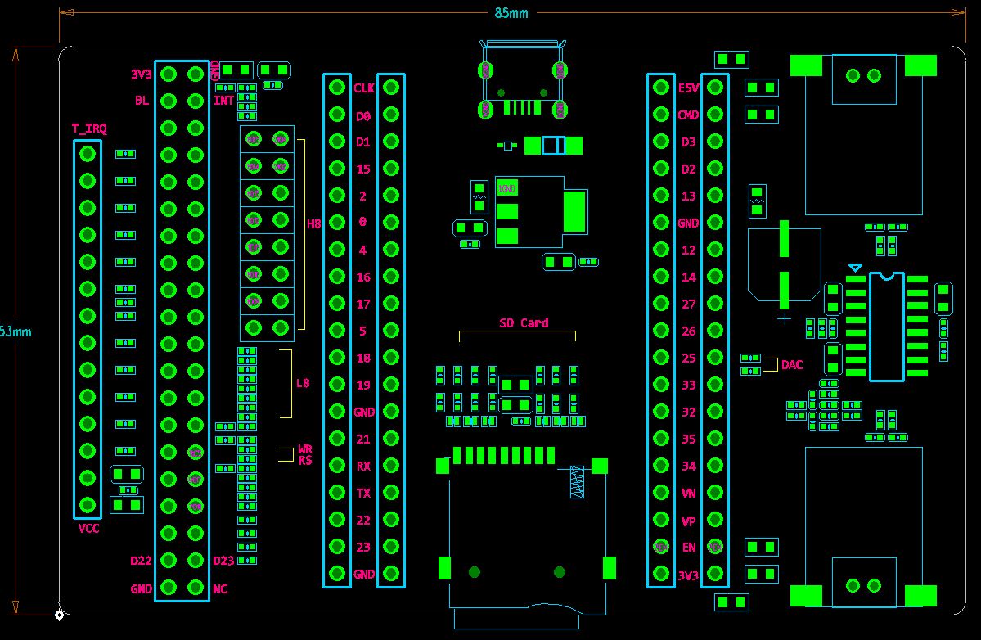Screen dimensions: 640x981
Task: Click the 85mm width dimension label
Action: [x=511, y=13]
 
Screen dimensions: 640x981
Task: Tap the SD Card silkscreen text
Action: [x=524, y=322]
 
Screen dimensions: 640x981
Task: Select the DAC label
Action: [x=792, y=365]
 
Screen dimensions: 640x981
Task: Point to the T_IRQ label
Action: [x=89, y=128]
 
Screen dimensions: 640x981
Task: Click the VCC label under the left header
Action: [x=88, y=529]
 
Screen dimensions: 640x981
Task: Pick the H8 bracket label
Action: [x=313, y=223]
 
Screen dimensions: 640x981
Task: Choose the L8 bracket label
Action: [x=303, y=383]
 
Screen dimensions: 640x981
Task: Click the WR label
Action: [x=305, y=449]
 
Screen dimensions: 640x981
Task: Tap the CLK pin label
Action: [x=363, y=88]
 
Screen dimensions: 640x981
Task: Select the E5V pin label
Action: [x=688, y=88]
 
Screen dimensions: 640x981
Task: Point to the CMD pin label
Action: [x=688, y=115]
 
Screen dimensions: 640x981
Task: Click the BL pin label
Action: [x=142, y=101]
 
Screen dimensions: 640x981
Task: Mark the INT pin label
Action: [x=223, y=101]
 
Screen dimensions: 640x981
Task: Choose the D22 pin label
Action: [x=142, y=561]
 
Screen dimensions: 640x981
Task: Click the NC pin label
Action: [x=220, y=588]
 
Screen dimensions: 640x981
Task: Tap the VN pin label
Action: [x=688, y=494]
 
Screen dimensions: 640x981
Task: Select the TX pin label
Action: [x=363, y=494]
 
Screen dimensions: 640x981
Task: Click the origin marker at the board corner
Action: [x=60, y=615]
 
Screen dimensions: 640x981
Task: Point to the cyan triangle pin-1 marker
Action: [x=855, y=268]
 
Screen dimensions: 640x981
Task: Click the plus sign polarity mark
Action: [x=784, y=318]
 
